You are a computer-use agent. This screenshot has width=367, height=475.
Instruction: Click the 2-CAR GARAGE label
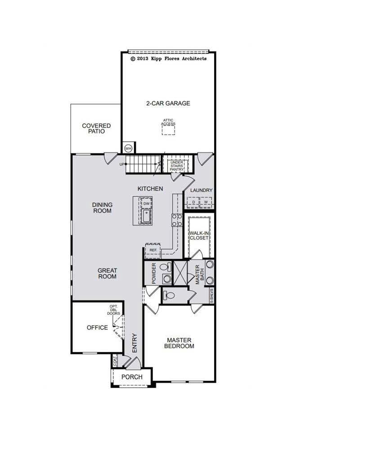click(x=168, y=103)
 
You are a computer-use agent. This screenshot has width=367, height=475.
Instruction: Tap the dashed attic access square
click(x=169, y=129)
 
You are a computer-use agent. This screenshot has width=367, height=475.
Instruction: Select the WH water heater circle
click(x=128, y=148)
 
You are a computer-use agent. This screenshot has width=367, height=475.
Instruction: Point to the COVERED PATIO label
click(x=96, y=129)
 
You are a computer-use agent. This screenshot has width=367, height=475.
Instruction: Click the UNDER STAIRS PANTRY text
click(x=177, y=166)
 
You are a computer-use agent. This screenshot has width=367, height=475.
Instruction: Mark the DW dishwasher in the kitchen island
click(x=146, y=204)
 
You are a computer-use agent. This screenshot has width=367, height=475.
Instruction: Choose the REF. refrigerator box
click(x=153, y=250)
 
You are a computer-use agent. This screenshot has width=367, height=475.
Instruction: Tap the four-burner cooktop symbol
click(x=176, y=220)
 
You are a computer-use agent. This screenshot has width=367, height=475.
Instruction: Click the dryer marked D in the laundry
click(x=194, y=202)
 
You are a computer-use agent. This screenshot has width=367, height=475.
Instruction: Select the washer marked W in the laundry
click(x=206, y=202)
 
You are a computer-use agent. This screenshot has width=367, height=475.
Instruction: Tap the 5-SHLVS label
click(x=211, y=295)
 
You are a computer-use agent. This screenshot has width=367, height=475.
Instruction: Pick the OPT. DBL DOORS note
click(x=113, y=310)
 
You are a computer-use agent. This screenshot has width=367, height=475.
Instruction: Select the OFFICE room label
click(x=97, y=327)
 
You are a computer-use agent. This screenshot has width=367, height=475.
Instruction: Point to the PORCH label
click(x=132, y=376)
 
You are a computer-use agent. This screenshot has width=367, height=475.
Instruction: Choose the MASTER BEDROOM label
click(x=179, y=343)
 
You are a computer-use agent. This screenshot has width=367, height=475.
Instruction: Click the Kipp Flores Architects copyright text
click(x=168, y=58)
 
